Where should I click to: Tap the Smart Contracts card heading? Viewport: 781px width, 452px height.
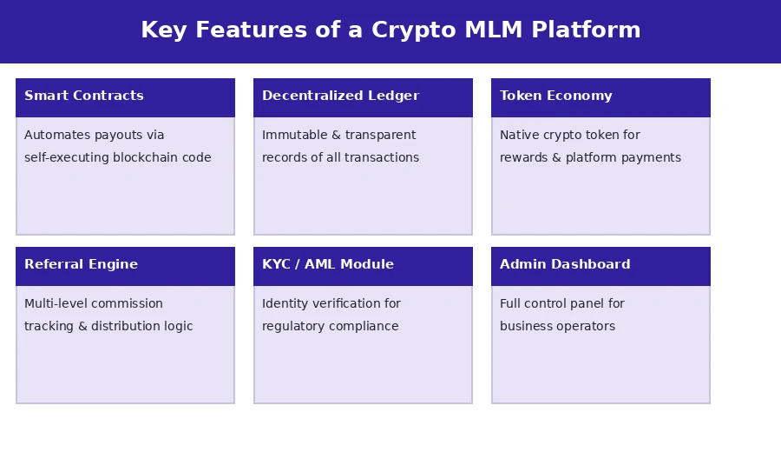click(x=84, y=96)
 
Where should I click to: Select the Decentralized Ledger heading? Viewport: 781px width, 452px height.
click(x=340, y=96)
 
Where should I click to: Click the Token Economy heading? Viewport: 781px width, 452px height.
click(x=555, y=96)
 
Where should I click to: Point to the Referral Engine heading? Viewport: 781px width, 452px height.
click(x=81, y=265)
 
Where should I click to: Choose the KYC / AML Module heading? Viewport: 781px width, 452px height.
click(x=327, y=265)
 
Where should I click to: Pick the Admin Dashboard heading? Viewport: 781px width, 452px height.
click(x=565, y=265)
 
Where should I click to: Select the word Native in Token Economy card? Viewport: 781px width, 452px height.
click(x=519, y=136)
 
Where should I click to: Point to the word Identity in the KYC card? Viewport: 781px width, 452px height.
click(x=285, y=304)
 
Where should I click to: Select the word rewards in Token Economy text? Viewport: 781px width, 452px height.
click(x=524, y=158)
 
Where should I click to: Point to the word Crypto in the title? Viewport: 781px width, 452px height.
click(x=411, y=30)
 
